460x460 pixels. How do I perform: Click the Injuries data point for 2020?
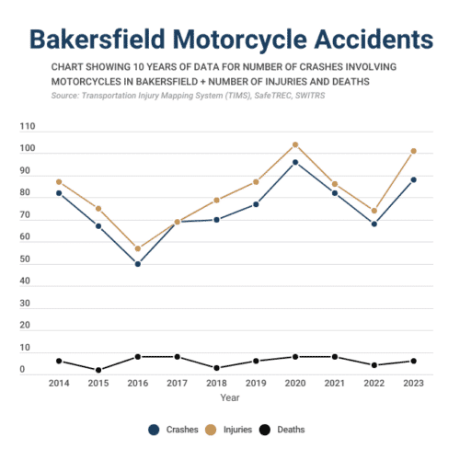point(295,144)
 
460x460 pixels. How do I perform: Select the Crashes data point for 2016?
point(138,264)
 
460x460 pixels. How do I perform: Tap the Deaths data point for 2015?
point(98,370)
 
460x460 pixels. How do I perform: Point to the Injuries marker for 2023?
point(413,151)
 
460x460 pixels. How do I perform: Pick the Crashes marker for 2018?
point(216,220)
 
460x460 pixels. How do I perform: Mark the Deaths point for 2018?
point(216,368)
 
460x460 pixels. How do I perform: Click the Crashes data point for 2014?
point(59,193)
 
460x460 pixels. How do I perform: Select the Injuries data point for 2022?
point(374,211)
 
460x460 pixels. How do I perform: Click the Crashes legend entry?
point(173,430)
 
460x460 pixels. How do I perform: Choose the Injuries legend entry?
point(228,430)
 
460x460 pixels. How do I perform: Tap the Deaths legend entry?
point(282,430)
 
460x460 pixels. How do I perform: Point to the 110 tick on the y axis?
point(28,126)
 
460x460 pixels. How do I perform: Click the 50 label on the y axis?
point(25,259)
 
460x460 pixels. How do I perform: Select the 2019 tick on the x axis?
point(256,383)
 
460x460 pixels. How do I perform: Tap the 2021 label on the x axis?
point(335,383)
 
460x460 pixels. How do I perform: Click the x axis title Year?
point(230,397)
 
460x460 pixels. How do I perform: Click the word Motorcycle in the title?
point(240,40)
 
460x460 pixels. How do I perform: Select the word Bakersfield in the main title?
point(98,40)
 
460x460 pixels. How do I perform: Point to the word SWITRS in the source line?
point(310,96)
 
